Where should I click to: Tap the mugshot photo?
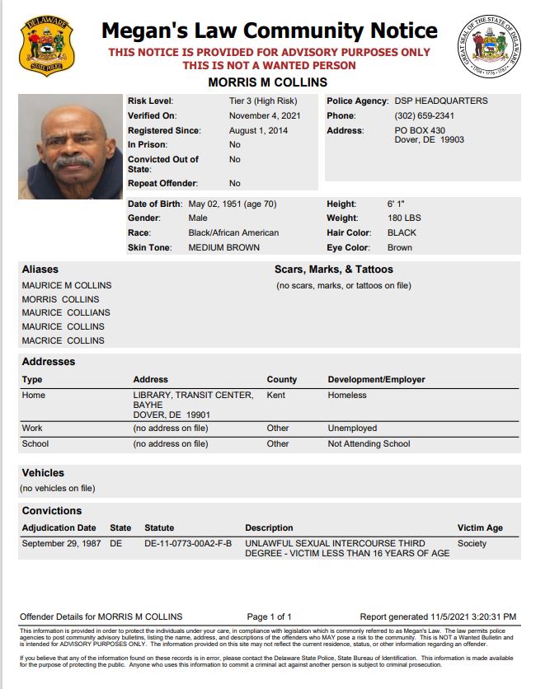[x=70, y=147]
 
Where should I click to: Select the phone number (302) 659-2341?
[x=424, y=115]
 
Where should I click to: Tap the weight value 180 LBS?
[x=404, y=218]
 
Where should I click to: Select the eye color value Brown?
[x=400, y=247]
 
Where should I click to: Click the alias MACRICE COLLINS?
[x=63, y=340]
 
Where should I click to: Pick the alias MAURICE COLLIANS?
[x=66, y=312]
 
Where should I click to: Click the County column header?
[x=282, y=379]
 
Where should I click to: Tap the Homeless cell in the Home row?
[x=348, y=396]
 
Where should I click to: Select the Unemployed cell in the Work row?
[x=352, y=428]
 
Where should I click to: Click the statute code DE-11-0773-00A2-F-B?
[x=188, y=543]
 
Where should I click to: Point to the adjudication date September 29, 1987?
[x=59, y=543]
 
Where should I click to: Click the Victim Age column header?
[x=480, y=527]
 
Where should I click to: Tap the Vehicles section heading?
[x=43, y=473]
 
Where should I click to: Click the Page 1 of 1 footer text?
[x=270, y=616]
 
